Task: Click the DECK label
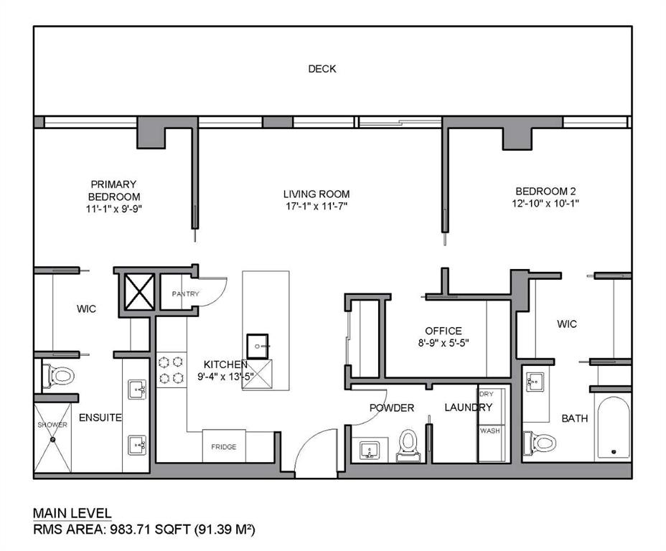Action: click(x=322, y=69)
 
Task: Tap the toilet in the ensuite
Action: click(x=60, y=375)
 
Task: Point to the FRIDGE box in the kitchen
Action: click(x=223, y=446)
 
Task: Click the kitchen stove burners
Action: click(x=171, y=369)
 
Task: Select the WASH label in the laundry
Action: click(x=489, y=431)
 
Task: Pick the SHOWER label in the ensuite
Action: click(x=52, y=425)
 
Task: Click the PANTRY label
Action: click(x=184, y=293)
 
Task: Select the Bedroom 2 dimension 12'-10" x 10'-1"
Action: click(x=547, y=204)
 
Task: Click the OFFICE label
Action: click(x=443, y=331)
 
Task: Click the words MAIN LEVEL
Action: click(x=72, y=513)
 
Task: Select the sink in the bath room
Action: click(x=533, y=382)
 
